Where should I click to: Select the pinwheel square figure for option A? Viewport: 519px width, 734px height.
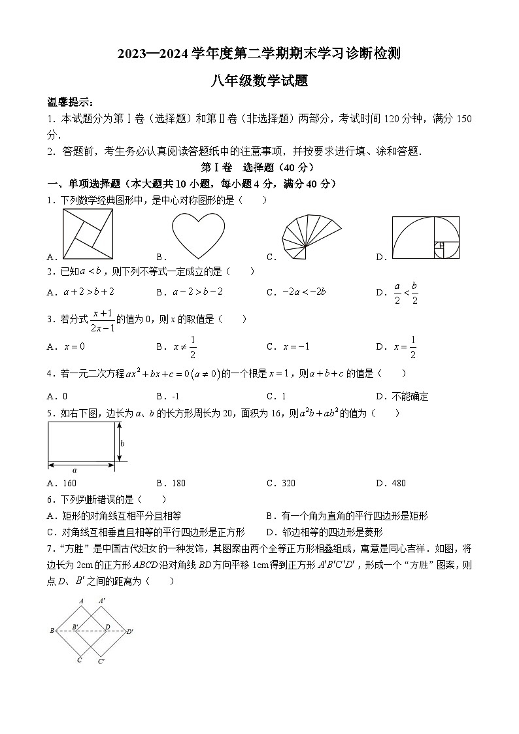[x=88, y=234]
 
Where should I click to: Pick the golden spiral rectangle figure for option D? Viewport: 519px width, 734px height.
[x=426, y=237]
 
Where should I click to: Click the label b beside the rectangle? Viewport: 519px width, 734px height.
[x=122, y=443]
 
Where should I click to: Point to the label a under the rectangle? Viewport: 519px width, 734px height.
[x=75, y=470]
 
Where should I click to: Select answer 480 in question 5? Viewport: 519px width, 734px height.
[x=398, y=483]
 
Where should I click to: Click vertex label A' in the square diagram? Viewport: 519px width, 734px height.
[x=101, y=600]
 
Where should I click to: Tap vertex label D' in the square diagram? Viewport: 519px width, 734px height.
[x=130, y=631]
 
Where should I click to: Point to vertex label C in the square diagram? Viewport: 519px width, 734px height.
[x=79, y=660]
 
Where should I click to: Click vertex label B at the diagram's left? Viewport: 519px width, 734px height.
[x=52, y=631]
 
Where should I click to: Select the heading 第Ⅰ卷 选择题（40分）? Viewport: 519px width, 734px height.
[x=258, y=167]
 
